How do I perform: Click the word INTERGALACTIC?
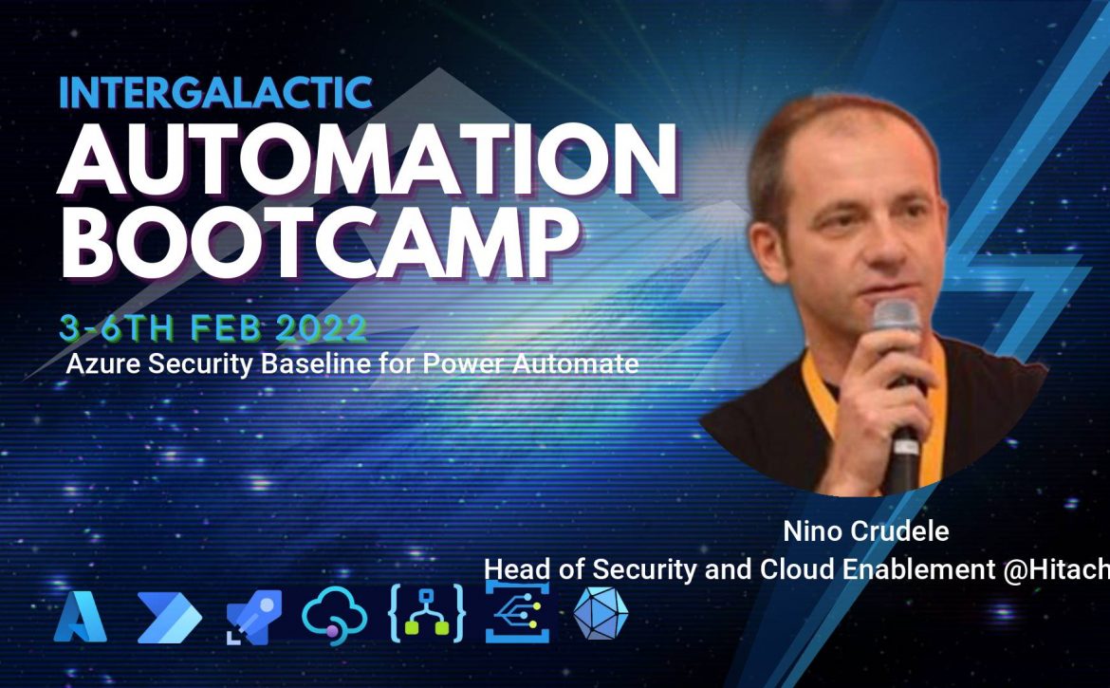point(215,92)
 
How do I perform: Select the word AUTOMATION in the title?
point(367,159)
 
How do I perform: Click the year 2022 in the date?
point(322,327)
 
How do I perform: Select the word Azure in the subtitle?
point(104,363)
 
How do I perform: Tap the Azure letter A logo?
point(80,617)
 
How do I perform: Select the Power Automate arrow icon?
point(170,618)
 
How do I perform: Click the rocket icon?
point(254,617)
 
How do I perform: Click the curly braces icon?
point(427,614)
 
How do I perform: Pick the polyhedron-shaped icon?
point(601,613)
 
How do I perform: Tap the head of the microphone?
point(897,314)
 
